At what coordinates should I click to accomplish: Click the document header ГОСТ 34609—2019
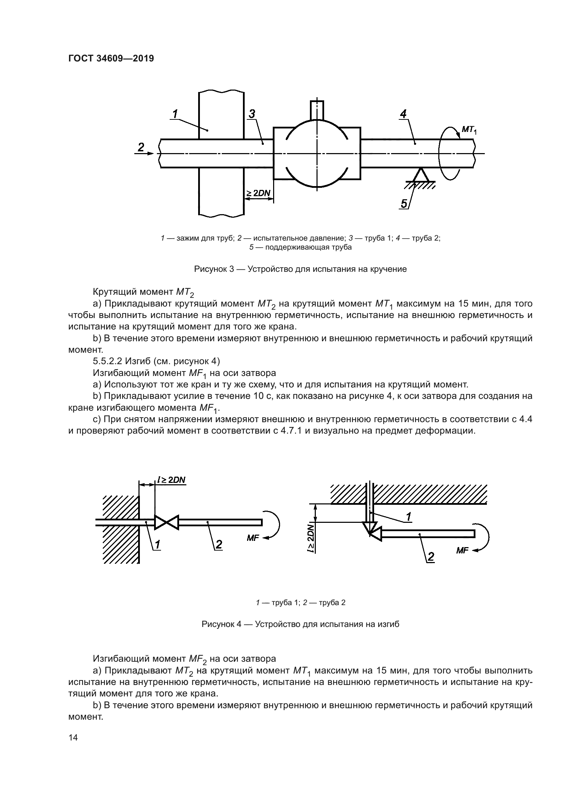pyautogui.click(x=111, y=58)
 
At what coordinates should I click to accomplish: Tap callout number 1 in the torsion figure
pyautogui.click(x=175, y=114)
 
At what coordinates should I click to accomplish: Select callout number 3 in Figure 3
pyautogui.click(x=252, y=114)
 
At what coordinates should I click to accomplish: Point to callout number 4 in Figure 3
pyautogui.click(x=403, y=114)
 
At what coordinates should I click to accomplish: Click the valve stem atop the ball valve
pyautogui.click(x=317, y=110)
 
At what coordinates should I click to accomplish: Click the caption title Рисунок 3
pyautogui.click(x=301, y=269)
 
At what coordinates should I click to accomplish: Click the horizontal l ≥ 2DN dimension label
pyautogui.click(x=171, y=480)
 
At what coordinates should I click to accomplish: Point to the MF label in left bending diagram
pyautogui.click(x=253, y=538)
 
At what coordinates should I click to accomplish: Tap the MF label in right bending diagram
pyautogui.click(x=462, y=551)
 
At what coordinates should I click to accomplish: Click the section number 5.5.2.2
pyautogui.click(x=107, y=361)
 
